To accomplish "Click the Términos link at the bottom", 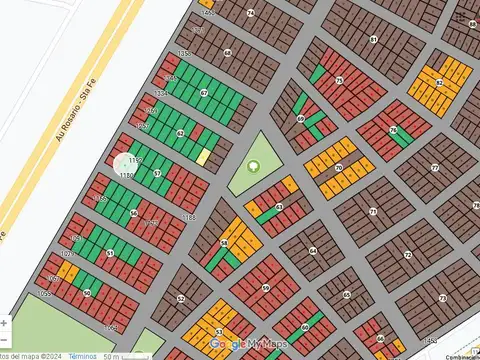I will [83, 355].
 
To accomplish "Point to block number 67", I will [204, 92].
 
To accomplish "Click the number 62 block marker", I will [180, 133].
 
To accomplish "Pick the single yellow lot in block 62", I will [203, 156].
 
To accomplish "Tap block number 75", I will [339, 80].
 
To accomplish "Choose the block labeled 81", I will [373, 40].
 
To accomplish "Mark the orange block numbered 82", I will [439, 83].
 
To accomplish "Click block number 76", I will [392, 130].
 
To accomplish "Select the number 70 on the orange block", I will [339, 168].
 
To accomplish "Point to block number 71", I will [372, 212].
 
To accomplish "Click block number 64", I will [312, 251].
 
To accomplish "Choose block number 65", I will [346, 295].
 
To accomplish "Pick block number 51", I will [109, 254].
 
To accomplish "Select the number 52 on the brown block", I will [181, 298].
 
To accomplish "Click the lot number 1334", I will [161, 93].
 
